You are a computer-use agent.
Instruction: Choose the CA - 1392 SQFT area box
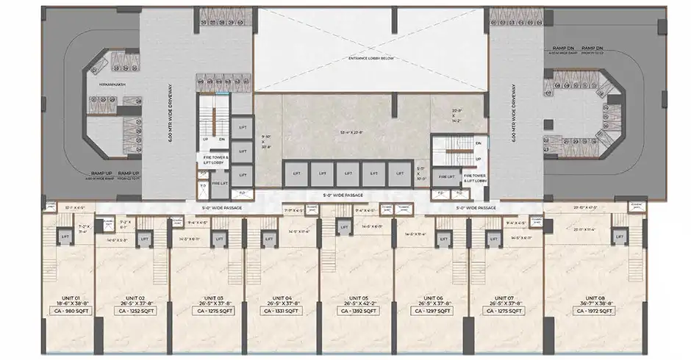357,312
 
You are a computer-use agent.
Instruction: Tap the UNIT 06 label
431,296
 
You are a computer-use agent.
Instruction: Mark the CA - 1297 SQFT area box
431,312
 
